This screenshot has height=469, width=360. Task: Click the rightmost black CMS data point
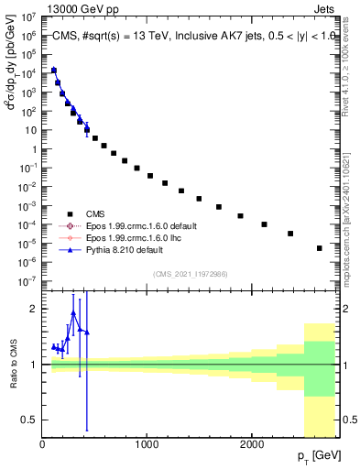click(x=320, y=248)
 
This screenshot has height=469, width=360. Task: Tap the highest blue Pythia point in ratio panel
click(x=73, y=313)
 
